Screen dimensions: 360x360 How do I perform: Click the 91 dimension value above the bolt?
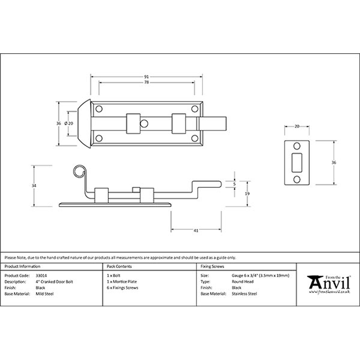coord(147,77)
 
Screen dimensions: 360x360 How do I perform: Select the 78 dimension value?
coord(147,82)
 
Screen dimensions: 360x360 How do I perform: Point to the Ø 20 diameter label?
coord(69,123)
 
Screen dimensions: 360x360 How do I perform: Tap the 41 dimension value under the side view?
coord(196,230)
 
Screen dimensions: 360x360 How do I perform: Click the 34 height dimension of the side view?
coord(34,185)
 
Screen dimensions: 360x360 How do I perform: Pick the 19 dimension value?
coord(247,194)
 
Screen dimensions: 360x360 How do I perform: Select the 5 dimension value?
coord(234,184)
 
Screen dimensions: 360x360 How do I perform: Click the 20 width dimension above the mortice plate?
coord(297,126)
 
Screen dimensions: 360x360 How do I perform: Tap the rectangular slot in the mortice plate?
coord(297,163)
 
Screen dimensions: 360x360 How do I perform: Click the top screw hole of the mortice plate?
coord(297,146)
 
